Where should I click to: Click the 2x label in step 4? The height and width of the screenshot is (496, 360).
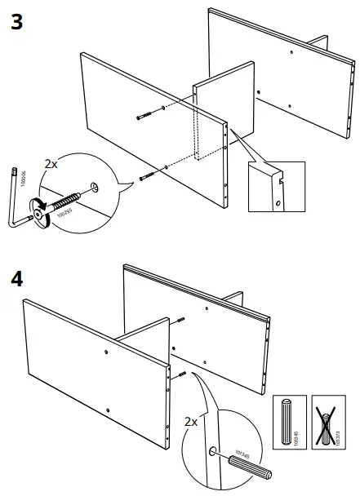coord(191,422)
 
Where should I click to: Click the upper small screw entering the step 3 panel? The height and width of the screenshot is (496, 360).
coord(144,116)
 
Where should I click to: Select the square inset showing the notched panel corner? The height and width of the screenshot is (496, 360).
coord(276,188)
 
